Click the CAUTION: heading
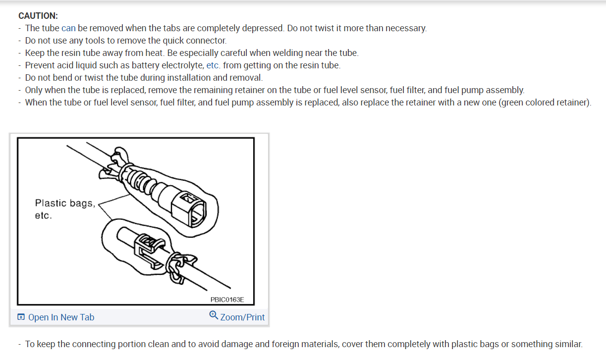tap(38, 16)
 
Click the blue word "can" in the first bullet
tap(68, 28)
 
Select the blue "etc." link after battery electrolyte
tap(213, 65)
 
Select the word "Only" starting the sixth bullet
tap(34, 90)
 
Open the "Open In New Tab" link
tap(61, 317)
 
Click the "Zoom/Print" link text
tap(242, 317)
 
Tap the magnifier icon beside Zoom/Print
tap(214, 315)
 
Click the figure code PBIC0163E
tap(227, 300)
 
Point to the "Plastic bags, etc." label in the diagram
tap(64, 209)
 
